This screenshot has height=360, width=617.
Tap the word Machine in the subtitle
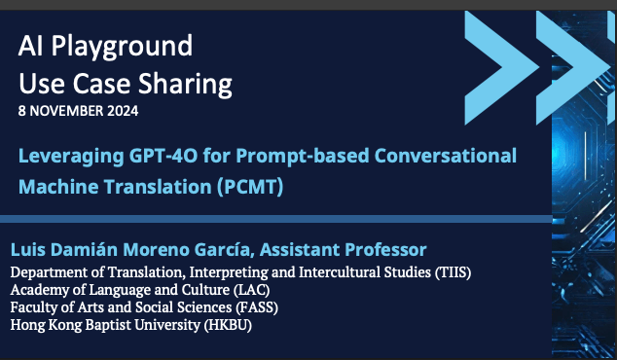pyautogui.click(x=55, y=184)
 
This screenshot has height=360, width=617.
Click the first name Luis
pyautogui.click(x=27, y=249)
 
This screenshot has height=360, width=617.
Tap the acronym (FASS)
pyautogui.click(x=260, y=307)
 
